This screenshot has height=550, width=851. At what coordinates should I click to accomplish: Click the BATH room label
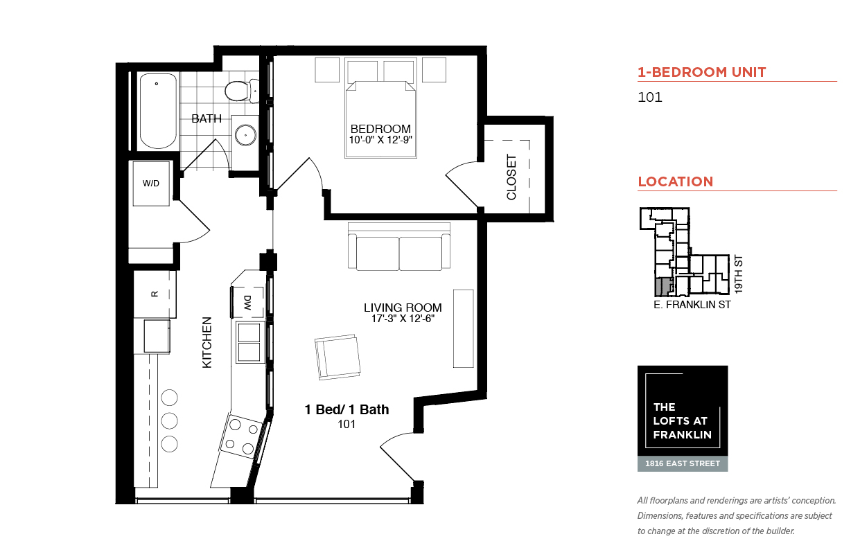(x=207, y=118)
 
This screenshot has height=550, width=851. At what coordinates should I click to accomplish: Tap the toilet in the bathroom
(x=242, y=91)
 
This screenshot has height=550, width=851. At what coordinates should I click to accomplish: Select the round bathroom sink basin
(x=245, y=135)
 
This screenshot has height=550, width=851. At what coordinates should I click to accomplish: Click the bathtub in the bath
(x=158, y=111)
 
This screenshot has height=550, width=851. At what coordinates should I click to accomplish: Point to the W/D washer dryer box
(x=151, y=184)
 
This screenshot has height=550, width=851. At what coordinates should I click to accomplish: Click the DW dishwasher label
(x=247, y=303)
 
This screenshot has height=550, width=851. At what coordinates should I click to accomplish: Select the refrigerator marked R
(x=155, y=294)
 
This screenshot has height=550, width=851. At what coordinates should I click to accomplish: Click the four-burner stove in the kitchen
(x=241, y=435)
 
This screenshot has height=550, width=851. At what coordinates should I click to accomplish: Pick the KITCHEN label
(x=207, y=343)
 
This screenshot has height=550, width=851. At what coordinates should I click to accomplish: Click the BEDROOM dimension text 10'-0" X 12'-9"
(x=380, y=140)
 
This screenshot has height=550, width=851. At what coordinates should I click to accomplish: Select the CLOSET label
(x=511, y=177)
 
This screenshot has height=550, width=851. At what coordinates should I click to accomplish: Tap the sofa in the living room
(x=399, y=247)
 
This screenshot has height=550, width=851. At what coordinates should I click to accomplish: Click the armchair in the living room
(x=337, y=357)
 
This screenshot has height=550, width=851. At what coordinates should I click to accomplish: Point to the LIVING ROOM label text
(x=403, y=308)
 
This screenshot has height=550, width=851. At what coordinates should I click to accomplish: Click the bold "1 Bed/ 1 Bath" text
(x=347, y=409)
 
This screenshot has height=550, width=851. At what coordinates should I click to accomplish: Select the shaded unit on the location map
(x=663, y=287)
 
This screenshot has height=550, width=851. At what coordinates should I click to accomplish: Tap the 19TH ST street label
(x=738, y=274)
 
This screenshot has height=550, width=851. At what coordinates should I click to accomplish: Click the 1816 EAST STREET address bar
(x=683, y=463)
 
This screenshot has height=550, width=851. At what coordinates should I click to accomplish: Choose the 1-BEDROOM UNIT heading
(x=702, y=72)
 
